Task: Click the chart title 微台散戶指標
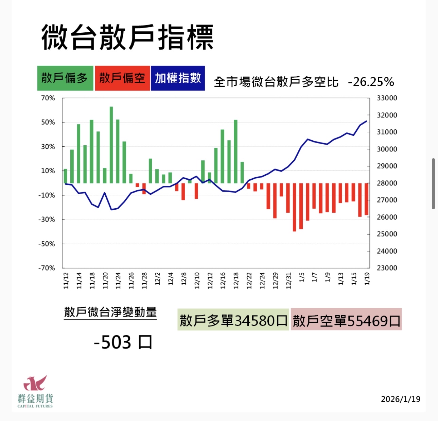[x=127, y=37]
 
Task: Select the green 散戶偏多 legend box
[x=65, y=78]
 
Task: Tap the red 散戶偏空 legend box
[x=122, y=78]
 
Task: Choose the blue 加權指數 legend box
[x=178, y=78]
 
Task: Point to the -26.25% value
[x=371, y=82]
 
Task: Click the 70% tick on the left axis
[x=48, y=98]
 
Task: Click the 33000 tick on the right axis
[x=387, y=98]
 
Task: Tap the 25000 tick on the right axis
[x=387, y=234]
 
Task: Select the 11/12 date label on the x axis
[x=66, y=280]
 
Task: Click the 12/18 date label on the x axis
[x=236, y=280]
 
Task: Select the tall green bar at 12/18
[x=235, y=151]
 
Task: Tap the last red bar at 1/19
[x=367, y=199]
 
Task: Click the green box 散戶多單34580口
[x=233, y=320]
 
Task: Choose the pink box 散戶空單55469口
[x=346, y=320]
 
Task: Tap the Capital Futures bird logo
[x=35, y=383]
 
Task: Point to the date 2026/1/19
[x=400, y=399]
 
